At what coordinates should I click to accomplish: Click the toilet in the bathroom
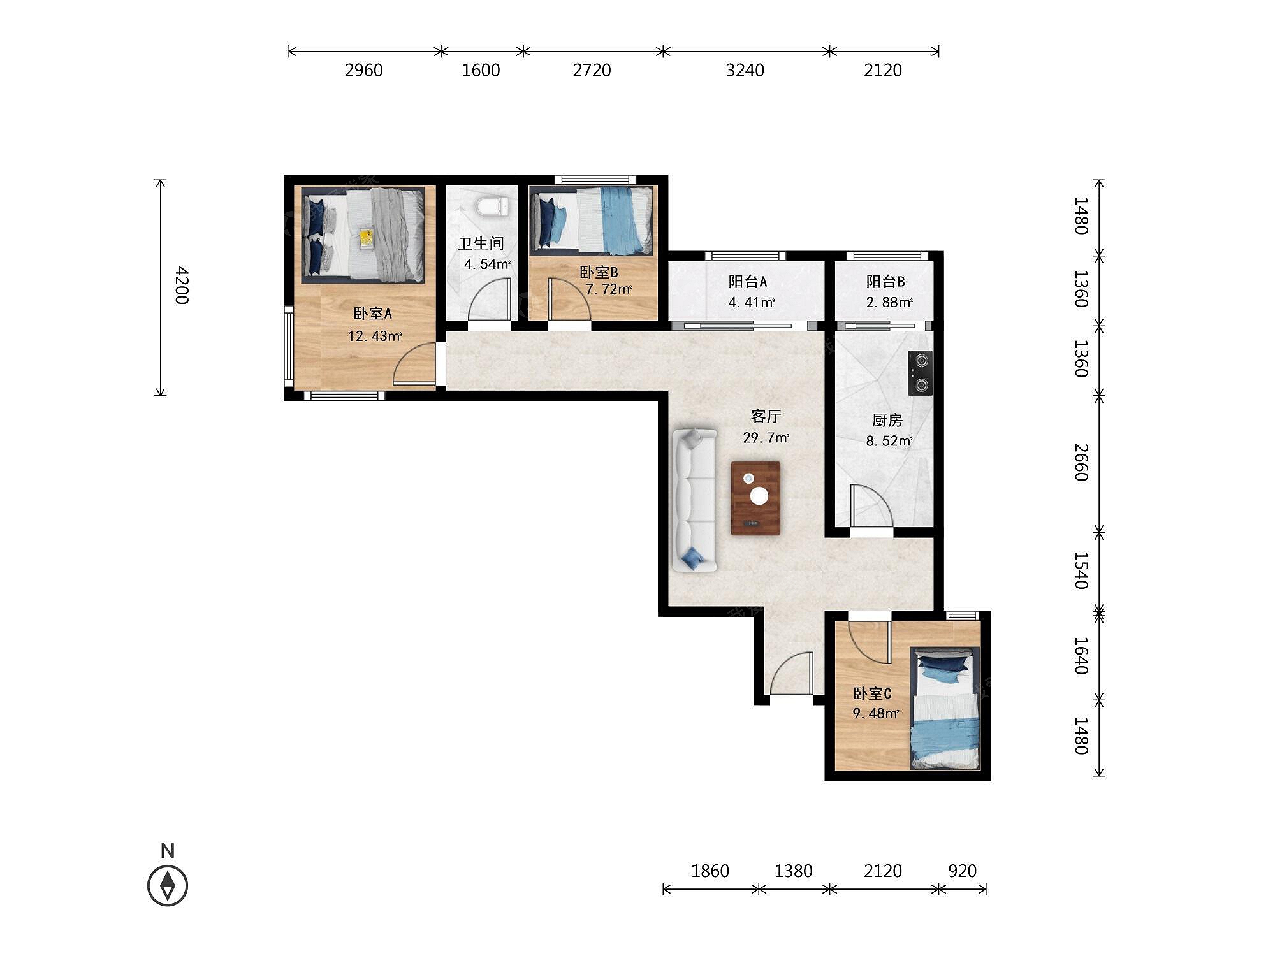point(492,206)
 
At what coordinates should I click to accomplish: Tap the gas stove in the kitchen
point(920,373)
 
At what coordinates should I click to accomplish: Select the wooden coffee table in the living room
point(755,498)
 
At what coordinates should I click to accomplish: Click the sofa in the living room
point(694,500)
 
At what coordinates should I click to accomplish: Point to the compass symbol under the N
point(168,885)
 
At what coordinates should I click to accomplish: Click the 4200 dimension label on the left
point(182,286)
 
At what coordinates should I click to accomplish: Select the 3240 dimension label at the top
point(745,70)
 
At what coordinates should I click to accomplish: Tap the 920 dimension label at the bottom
point(962,871)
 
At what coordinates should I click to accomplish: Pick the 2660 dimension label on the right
point(1081,462)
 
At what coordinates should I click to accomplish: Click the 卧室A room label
point(372,314)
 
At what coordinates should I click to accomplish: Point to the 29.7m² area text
point(766,438)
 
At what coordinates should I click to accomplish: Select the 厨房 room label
point(887,421)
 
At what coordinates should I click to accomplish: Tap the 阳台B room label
point(885,282)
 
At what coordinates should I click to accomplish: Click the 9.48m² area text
point(876,713)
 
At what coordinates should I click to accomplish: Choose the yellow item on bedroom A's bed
point(366,238)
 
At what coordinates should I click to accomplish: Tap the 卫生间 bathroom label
point(481,243)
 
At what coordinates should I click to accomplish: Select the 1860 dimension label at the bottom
point(710,871)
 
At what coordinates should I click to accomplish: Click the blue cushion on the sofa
point(692,559)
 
